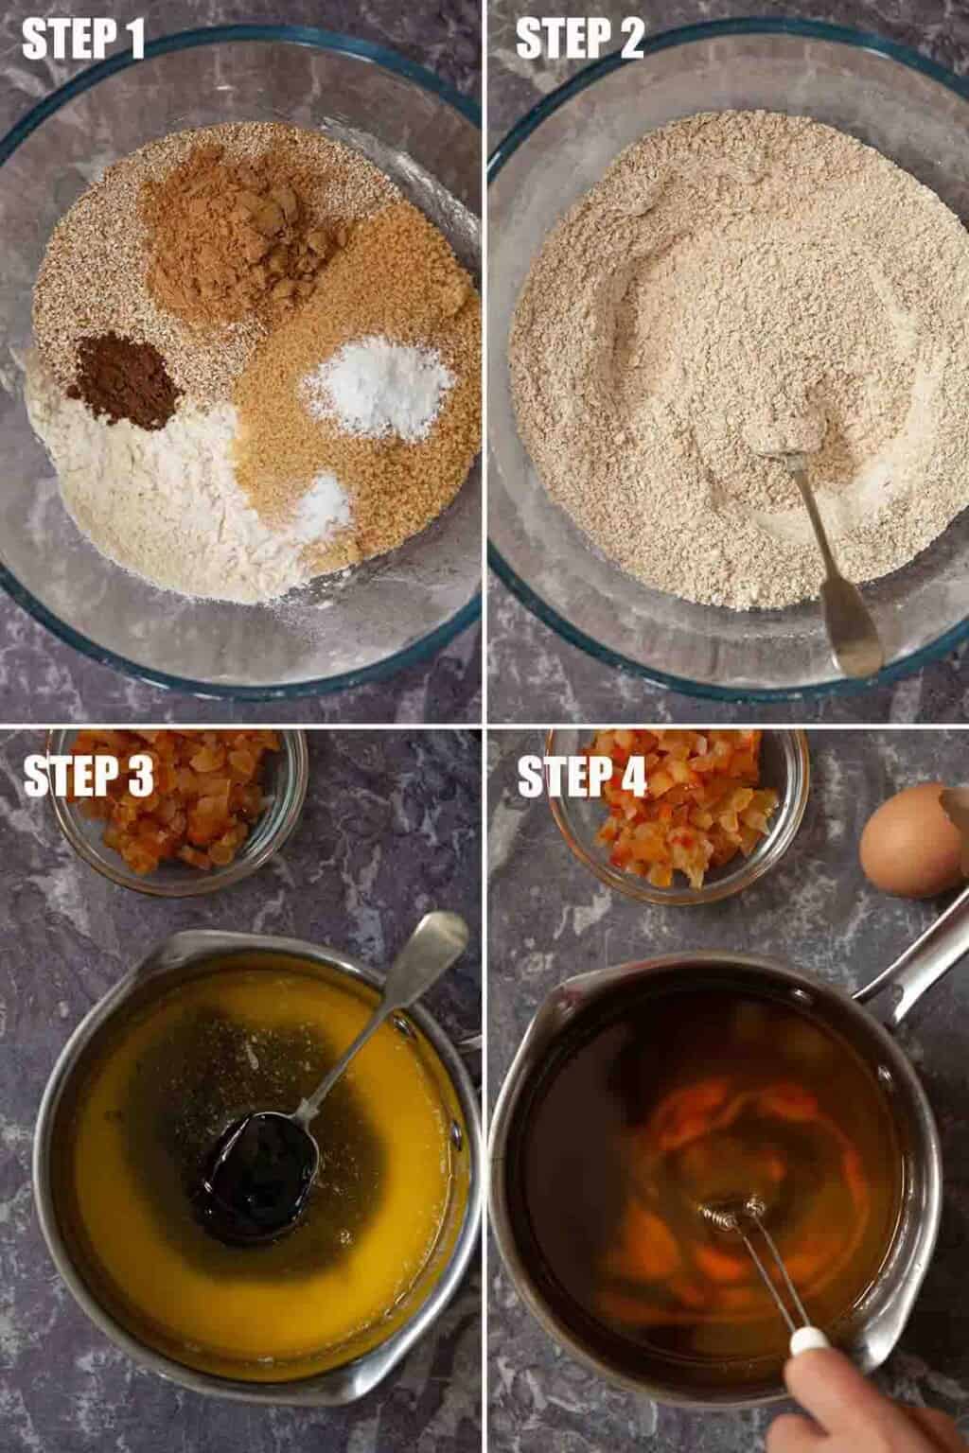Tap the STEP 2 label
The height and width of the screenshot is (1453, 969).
tap(579, 39)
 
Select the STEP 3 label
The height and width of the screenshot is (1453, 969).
tap(88, 777)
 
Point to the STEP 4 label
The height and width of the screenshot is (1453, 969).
tap(582, 777)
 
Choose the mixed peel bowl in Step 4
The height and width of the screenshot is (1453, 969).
tap(678, 814)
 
